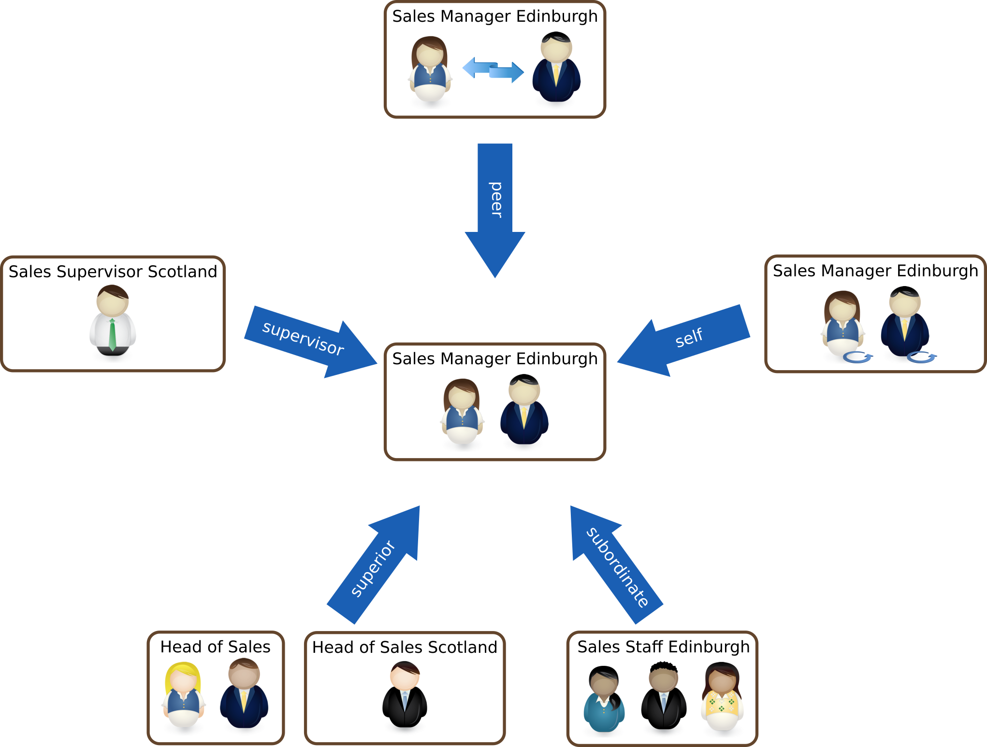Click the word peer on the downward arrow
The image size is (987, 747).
pyautogui.click(x=495, y=200)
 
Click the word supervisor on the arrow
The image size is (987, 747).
pyautogui.click(x=303, y=338)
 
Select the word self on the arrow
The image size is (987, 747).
pyautogui.click(x=689, y=337)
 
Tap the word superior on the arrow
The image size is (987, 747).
pyautogui.click(x=373, y=569)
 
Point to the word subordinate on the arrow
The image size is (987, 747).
pyautogui.click(x=617, y=567)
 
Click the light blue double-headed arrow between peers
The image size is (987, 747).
pyautogui.click(x=493, y=70)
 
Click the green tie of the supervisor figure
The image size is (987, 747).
pyautogui.click(x=112, y=334)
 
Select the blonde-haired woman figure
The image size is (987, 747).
pyautogui.click(x=183, y=696)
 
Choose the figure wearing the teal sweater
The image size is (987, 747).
pyautogui.click(x=604, y=702)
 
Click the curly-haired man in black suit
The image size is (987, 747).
pyautogui.click(x=664, y=700)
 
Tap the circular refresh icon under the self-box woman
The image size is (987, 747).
pyautogui.click(x=857, y=358)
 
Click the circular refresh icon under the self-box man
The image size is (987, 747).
pyautogui.click(x=921, y=358)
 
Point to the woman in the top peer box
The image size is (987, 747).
pyautogui.click(x=430, y=71)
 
